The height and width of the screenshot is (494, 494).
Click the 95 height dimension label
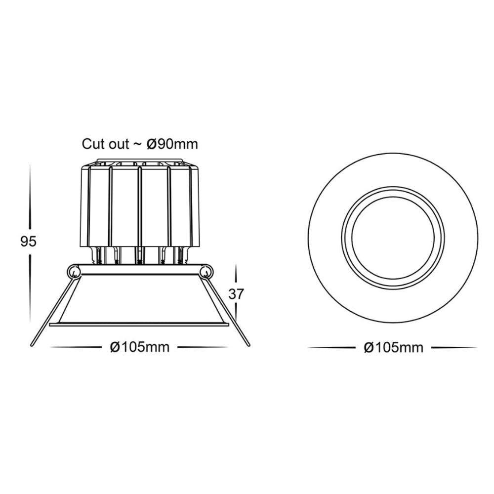tap(28, 242)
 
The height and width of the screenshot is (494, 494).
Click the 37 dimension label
tap(236, 294)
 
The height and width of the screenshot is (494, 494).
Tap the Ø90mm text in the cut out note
tap(172, 144)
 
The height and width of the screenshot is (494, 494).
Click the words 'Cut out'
tap(106, 144)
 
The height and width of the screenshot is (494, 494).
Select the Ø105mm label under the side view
tap(140, 347)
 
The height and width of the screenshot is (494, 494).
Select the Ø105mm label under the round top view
tap(394, 347)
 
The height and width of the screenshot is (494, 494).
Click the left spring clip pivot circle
tap(74, 271)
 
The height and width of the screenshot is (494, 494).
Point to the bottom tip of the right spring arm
tap(248, 345)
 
